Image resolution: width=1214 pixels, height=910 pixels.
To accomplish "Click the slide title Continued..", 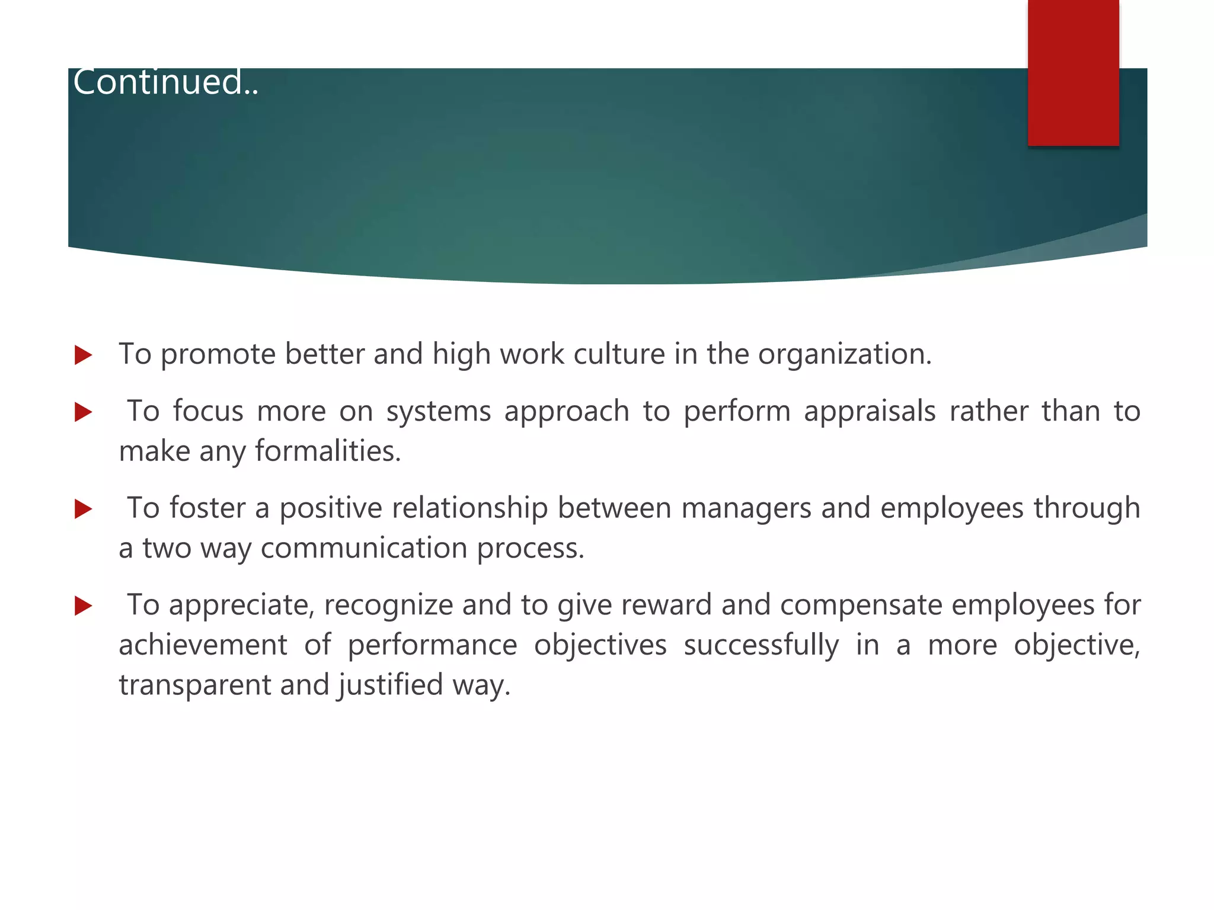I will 165,82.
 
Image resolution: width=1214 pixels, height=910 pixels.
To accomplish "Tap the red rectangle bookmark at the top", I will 1073,72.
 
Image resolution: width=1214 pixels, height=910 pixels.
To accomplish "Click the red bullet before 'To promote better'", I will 84,355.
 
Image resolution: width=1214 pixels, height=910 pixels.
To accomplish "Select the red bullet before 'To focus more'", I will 84,412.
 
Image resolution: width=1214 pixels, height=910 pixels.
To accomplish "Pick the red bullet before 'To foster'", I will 84,509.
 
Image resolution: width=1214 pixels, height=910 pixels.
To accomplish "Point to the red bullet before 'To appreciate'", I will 84,606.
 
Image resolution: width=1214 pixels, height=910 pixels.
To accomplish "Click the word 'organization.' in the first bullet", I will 845,354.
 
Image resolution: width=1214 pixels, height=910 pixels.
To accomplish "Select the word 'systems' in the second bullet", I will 438,412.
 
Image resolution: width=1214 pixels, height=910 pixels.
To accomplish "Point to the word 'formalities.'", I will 328,451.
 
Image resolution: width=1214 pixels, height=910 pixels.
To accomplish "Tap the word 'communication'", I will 364,548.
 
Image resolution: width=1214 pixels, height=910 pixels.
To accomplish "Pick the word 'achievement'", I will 203,645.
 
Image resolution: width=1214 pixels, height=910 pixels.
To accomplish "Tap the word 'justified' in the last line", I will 391,685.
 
